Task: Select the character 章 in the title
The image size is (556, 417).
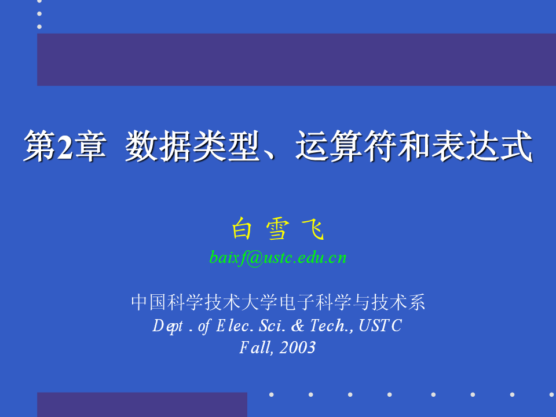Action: click(90, 146)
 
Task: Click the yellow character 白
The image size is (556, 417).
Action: click(242, 229)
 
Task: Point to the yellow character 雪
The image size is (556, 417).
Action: click(277, 229)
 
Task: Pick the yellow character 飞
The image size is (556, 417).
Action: click(313, 229)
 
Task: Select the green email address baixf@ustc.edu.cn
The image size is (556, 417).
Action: click(277, 258)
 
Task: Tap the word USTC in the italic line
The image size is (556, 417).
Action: click(380, 325)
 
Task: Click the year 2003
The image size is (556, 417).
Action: click(297, 348)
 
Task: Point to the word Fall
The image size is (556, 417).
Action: click(256, 348)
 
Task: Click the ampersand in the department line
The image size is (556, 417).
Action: click(298, 325)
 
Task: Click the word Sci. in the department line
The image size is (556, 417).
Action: click(272, 325)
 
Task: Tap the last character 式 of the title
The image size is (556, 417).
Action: click(516, 146)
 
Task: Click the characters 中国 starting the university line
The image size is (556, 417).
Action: click(149, 302)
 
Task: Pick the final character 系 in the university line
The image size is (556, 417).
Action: click(416, 302)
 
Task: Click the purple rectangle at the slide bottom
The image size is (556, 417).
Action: click(142, 405)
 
